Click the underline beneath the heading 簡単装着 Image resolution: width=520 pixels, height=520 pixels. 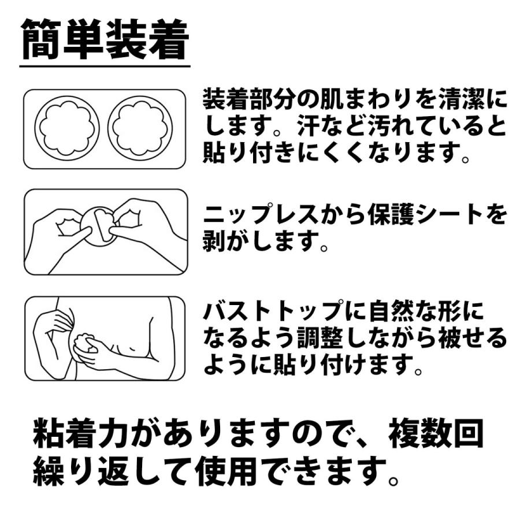click(x=105, y=66)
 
